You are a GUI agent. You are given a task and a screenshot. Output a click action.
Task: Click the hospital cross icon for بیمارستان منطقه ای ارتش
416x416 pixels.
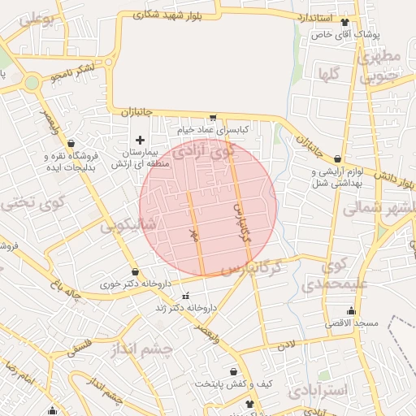pos(141,140)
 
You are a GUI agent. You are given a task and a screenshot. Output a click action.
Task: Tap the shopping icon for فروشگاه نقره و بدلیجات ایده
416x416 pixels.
pos(71,144)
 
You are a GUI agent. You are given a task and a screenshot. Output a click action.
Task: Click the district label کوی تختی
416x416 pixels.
pos(27,204)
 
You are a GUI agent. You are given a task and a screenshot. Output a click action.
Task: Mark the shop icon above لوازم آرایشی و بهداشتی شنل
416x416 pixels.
pos(337,160)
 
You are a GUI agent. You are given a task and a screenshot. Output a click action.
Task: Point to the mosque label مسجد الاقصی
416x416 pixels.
pos(353,323)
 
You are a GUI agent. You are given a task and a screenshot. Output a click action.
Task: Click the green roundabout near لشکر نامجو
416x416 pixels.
pos(32,82)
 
